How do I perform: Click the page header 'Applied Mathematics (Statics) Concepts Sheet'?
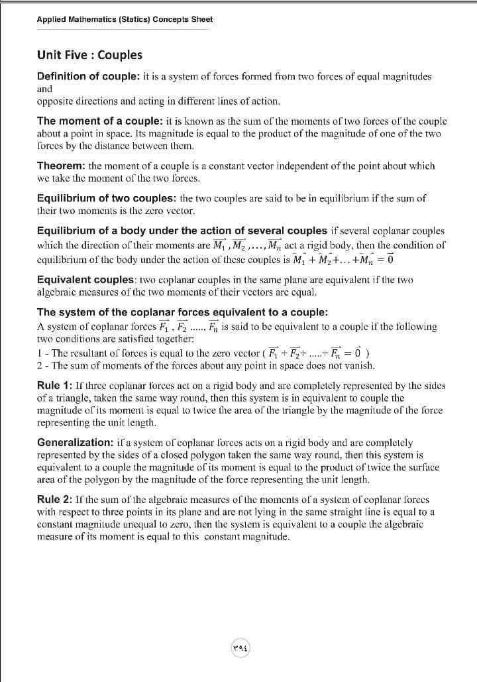(x=125, y=19)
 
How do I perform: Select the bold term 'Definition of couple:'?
(x=87, y=76)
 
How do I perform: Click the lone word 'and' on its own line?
(x=45, y=88)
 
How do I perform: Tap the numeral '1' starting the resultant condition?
(x=39, y=353)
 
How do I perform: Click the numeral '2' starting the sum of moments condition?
(x=40, y=365)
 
